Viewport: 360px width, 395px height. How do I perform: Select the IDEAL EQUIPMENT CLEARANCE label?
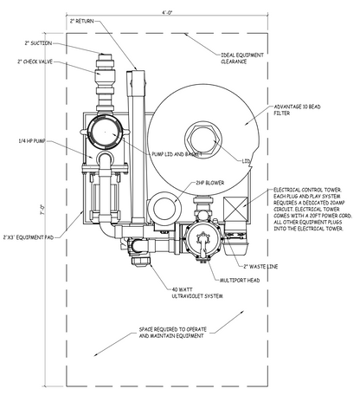(x=244, y=57)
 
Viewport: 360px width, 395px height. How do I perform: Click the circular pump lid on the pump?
(x=104, y=132)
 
